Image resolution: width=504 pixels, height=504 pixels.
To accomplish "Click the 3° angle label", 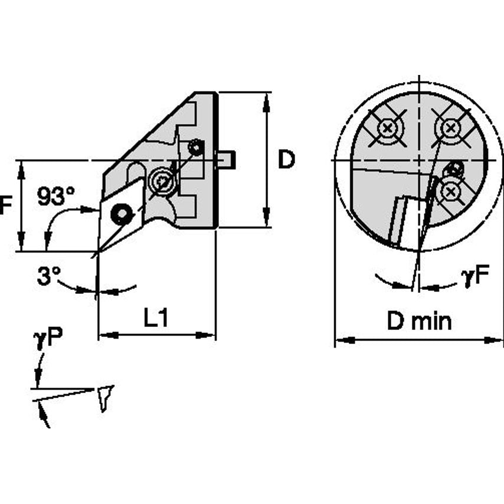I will (48, 276).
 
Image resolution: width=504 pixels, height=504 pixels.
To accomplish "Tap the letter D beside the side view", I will (286, 160).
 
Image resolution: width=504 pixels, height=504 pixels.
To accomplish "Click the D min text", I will (419, 322).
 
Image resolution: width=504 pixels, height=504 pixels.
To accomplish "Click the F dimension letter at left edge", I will (5, 206).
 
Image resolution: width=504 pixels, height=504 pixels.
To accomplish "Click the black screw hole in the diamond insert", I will (122, 214).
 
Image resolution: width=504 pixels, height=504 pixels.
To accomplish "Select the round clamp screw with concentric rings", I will (161, 181).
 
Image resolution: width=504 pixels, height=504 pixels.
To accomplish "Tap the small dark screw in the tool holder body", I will (196, 148).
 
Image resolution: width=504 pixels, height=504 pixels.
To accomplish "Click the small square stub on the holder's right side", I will (227, 160).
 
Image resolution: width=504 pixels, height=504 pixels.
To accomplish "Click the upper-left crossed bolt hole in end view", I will (387, 127).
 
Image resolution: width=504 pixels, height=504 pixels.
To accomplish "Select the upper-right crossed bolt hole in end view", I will (451, 126).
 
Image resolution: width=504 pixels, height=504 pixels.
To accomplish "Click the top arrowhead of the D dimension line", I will (267, 98).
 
